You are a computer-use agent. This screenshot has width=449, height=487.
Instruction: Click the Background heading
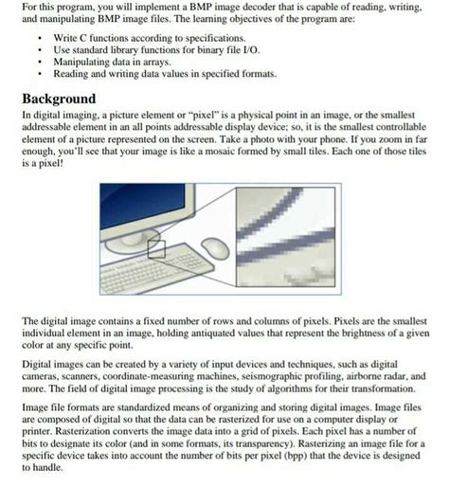(x=59, y=99)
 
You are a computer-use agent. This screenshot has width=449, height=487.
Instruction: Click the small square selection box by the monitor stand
(x=156, y=249)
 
